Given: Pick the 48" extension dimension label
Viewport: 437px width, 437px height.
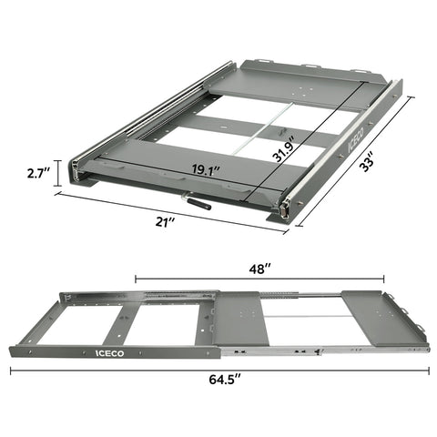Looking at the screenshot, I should click(x=259, y=269).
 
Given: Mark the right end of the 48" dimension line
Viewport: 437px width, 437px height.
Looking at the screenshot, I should click(x=383, y=280).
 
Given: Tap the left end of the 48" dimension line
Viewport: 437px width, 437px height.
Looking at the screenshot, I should click(x=136, y=280).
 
